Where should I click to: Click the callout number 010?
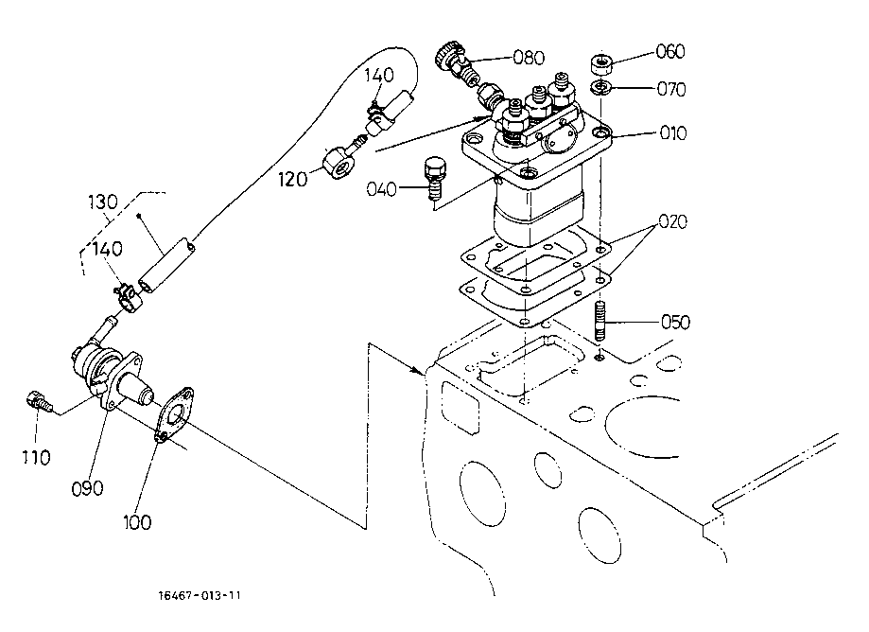(673, 133)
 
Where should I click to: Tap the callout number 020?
(673, 221)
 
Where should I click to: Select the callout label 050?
(675, 322)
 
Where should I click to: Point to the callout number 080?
(529, 57)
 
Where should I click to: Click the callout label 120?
(292, 179)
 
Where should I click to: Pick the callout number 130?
(103, 202)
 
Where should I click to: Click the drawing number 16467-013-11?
(200, 595)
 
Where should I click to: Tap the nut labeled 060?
(600, 64)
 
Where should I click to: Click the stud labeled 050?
(600, 321)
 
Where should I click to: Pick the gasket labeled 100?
(174, 414)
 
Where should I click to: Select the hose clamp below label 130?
(129, 298)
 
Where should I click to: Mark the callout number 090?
(88, 489)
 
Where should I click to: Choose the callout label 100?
(137, 522)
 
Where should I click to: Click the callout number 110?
(37, 457)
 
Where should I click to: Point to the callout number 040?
(382, 189)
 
